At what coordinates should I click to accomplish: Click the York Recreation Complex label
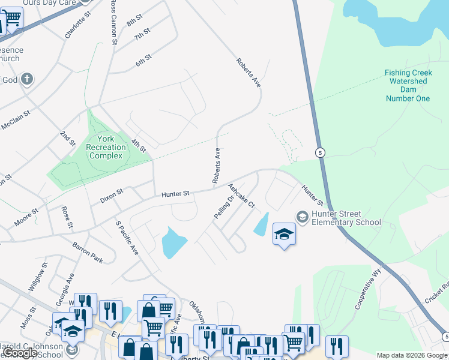tap(106, 147)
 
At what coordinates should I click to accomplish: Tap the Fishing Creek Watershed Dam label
tap(408, 85)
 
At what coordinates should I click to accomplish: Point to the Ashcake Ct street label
tap(241, 196)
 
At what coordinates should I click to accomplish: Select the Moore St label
tap(26, 217)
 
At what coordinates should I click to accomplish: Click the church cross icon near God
tap(26, 79)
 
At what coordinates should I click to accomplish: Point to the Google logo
tap(20, 353)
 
